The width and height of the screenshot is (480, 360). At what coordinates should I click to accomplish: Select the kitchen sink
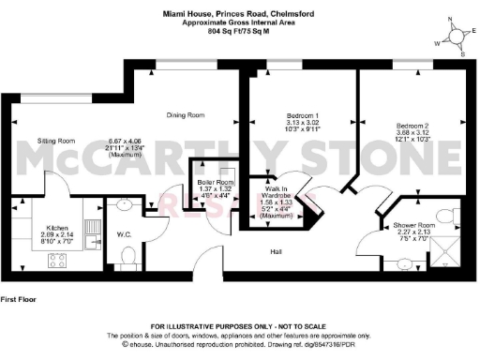point(92,234)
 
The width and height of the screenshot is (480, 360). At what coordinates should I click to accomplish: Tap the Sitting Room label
point(55,140)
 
